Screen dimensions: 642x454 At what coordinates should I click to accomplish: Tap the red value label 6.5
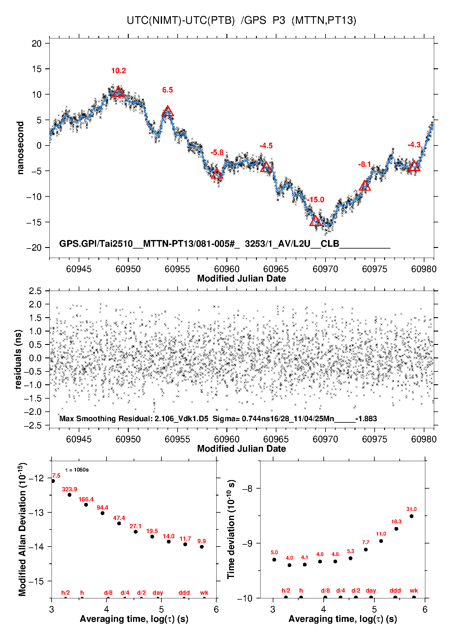(x=168, y=90)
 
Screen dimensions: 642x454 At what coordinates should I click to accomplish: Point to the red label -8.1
(x=365, y=165)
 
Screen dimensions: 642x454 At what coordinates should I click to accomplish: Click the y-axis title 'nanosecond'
(x=20, y=148)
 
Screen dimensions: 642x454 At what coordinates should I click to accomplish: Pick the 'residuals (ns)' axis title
(x=18, y=359)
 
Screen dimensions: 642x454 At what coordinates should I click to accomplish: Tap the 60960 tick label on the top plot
(x=227, y=269)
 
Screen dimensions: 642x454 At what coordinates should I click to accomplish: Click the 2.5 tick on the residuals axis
(x=35, y=291)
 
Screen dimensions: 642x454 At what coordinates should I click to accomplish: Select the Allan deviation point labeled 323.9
(x=70, y=495)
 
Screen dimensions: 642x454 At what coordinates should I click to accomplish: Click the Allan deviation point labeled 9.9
(x=202, y=547)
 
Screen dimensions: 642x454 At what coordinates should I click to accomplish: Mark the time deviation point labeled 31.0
(x=412, y=516)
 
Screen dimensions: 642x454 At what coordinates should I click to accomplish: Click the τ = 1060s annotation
(x=77, y=470)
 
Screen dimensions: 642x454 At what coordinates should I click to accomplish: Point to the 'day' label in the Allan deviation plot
(x=158, y=593)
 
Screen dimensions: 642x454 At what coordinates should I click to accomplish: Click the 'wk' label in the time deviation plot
(x=414, y=591)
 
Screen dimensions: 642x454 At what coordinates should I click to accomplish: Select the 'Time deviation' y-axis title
(x=231, y=529)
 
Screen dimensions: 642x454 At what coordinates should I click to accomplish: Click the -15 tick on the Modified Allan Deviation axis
(x=36, y=581)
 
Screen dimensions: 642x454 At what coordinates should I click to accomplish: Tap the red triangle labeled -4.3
(x=414, y=166)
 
